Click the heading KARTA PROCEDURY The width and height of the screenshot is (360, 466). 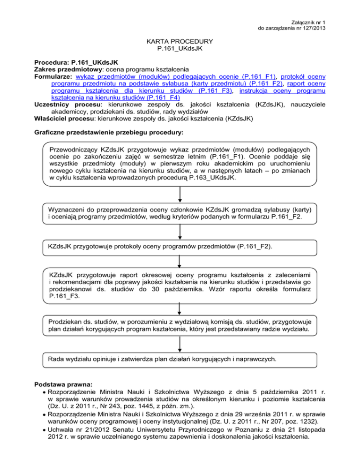click(180, 42)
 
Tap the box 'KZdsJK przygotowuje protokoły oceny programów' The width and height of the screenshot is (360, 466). click(180, 246)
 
